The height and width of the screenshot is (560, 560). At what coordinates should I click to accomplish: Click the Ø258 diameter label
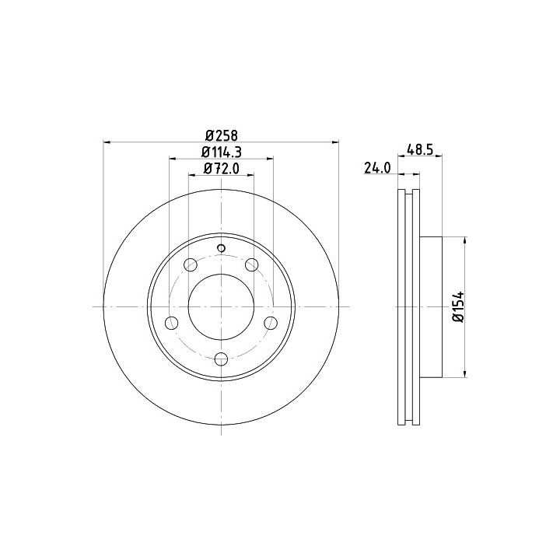[222, 135]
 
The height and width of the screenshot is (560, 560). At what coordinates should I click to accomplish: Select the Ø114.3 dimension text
[222, 152]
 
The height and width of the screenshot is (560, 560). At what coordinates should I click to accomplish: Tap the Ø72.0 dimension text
[222, 169]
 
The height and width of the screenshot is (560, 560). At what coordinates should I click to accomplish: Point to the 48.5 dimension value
[420, 149]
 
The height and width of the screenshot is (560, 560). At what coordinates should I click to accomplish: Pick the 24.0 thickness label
[377, 168]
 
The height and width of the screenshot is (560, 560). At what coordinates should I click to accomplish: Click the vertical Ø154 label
[459, 306]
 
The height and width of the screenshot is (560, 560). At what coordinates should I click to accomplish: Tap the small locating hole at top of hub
[222, 248]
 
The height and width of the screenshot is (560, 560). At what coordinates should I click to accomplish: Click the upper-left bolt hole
[191, 265]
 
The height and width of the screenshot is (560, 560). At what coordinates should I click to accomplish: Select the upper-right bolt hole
[252, 264]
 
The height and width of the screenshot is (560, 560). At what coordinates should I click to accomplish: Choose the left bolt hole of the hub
[172, 323]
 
